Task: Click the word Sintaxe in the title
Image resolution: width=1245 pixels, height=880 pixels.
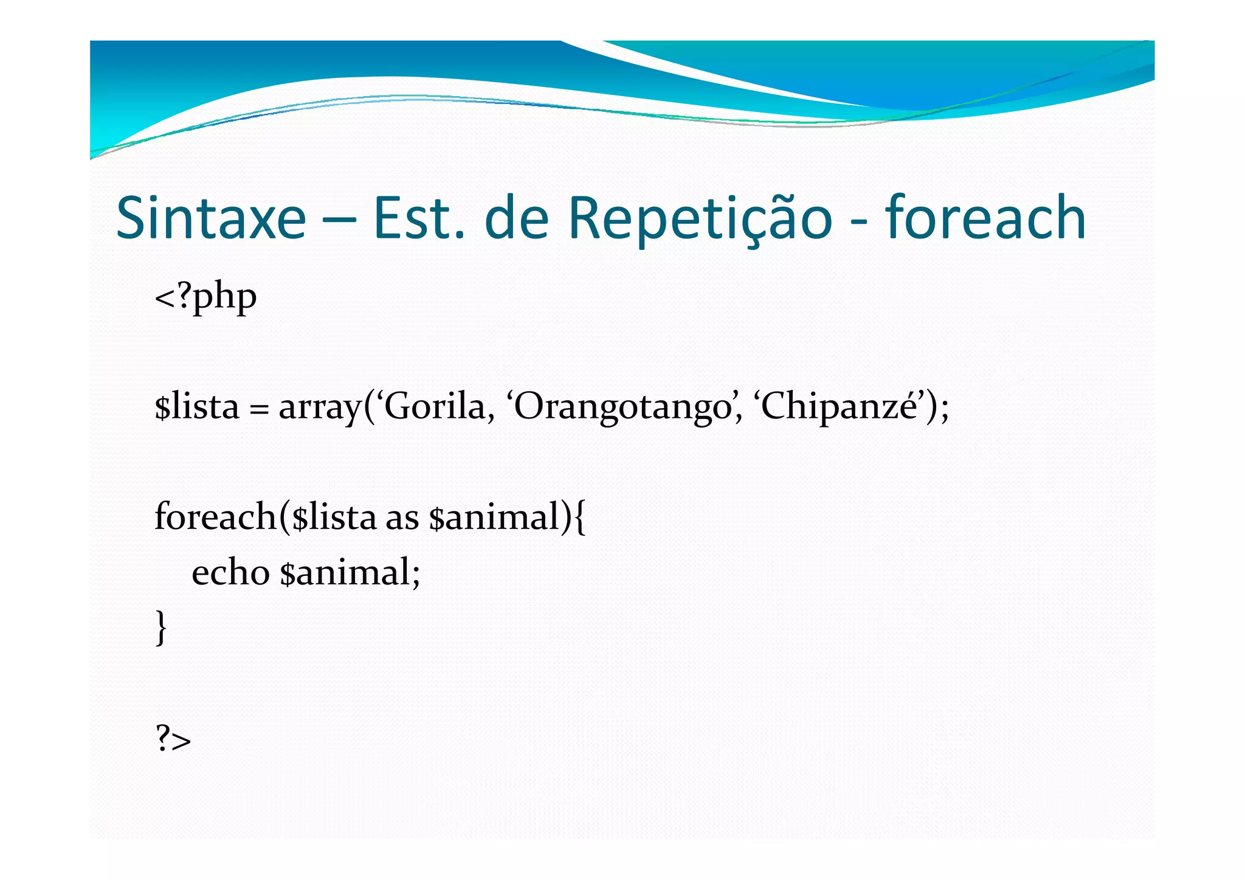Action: pyautogui.click(x=211, y=218)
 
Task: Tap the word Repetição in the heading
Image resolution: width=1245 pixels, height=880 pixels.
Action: pyautogui.click(x=699, y=218)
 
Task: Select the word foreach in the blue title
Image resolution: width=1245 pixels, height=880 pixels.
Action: pyautogui.click(x=985, y=218)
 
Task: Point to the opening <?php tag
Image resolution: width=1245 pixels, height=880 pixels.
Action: pyautogui.click(x=205, y=297)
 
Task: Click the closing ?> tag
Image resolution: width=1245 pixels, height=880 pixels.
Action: pyautogui.click(x=173, y=740)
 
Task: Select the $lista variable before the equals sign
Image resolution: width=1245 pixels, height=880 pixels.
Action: pyautogui.click(x=196, y=407)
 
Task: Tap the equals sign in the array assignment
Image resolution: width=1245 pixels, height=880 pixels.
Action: pyautogui.click(x=258, y=409)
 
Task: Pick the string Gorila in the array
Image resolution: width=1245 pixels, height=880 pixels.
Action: pyautogui.click(x=434, y=407)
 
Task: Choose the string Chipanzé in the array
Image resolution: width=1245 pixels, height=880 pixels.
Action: pyautogui.click(x=839, y=407)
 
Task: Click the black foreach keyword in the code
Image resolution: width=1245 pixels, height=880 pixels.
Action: pyautogui.click(x=215, y=517)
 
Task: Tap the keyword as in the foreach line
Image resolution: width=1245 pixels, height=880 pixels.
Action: pyautogui.click(x=402, y=519)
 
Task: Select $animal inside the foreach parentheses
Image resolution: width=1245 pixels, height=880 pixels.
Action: pyautogui.click(x=494, y=518)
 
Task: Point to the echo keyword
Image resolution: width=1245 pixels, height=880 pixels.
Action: pyautogui.click(x=230, y=573)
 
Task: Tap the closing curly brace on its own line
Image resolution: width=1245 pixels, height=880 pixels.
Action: pyautogui.click(x=161, y=628)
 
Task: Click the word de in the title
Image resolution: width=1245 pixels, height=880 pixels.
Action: pyautogui.click(x=516, y=218)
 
